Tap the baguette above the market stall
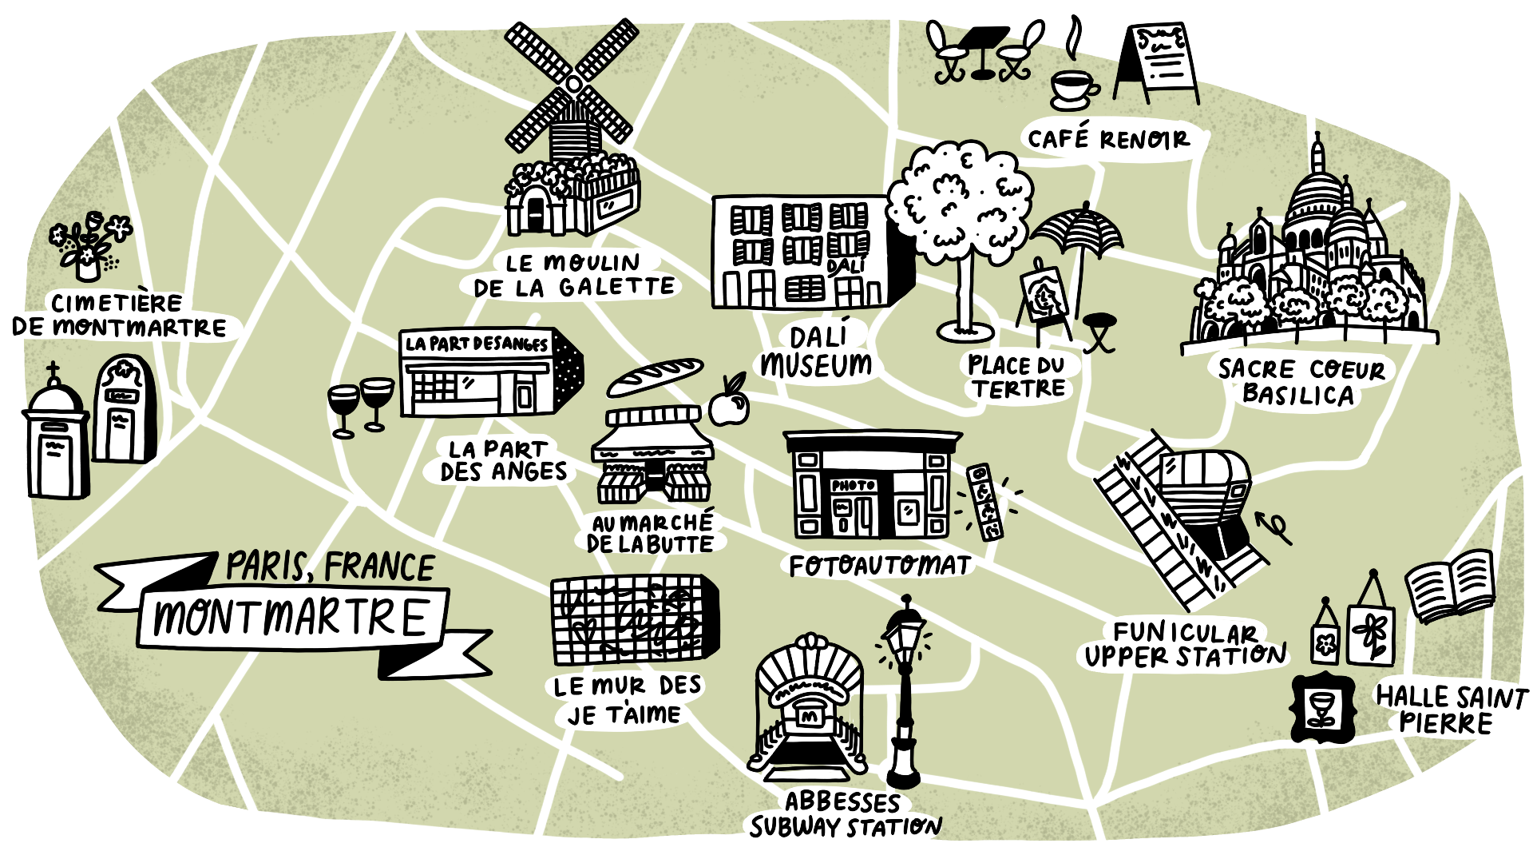coord(655,376)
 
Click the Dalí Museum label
coord(817,352)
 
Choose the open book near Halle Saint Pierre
coord(1450,587)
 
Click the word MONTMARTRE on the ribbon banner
coord(291,618)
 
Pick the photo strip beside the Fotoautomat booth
coord(984,502)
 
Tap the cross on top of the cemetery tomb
coord(53,372)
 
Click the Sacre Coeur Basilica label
coord(1301,381)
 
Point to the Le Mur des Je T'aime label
coord(627,700)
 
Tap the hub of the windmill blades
coord(572,84)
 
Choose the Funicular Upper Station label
coord(1185,645)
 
